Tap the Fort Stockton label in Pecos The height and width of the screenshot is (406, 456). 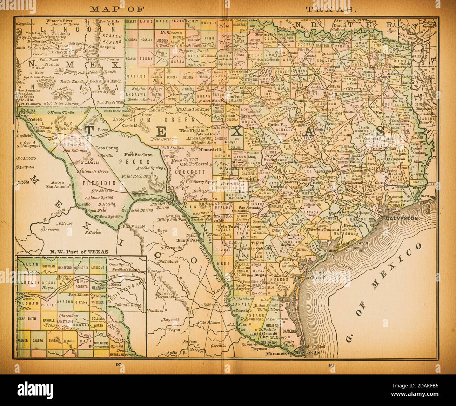coord(139,154)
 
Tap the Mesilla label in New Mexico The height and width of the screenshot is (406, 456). coord(23,99)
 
